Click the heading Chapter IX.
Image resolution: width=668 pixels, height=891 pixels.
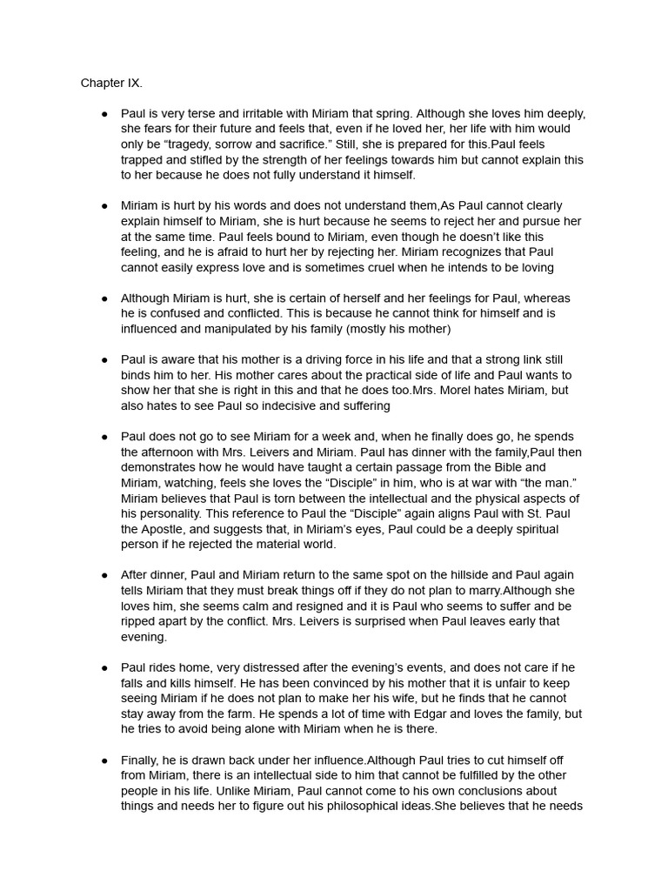pos(111,84)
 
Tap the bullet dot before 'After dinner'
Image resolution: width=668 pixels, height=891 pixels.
pos(104,575)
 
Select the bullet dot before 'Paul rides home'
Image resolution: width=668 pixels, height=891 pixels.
pos(104,667)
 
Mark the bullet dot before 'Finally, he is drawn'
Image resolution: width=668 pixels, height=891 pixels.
pos(104,760)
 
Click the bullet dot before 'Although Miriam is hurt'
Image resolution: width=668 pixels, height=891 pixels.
pos(104,298)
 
